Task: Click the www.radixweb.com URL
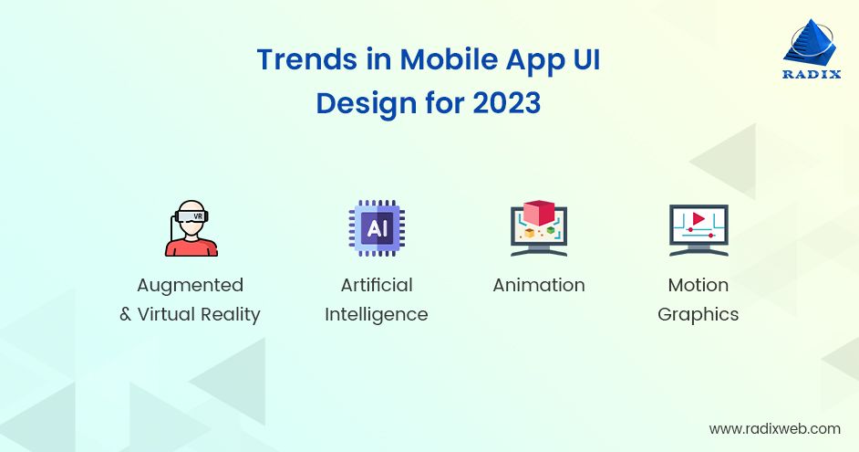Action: coord(774,428)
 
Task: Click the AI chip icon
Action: coord(376,228)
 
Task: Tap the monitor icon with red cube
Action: coord(538,230)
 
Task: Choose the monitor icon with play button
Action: coord(698,230)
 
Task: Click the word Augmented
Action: coord(190,285)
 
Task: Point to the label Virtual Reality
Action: coord(199,314)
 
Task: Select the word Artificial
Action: coord(376,285)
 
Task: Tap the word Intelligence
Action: coord(376,314)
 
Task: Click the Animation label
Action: coord(538,285)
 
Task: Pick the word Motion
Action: coord(698,285)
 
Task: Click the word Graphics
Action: coord(698,314)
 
